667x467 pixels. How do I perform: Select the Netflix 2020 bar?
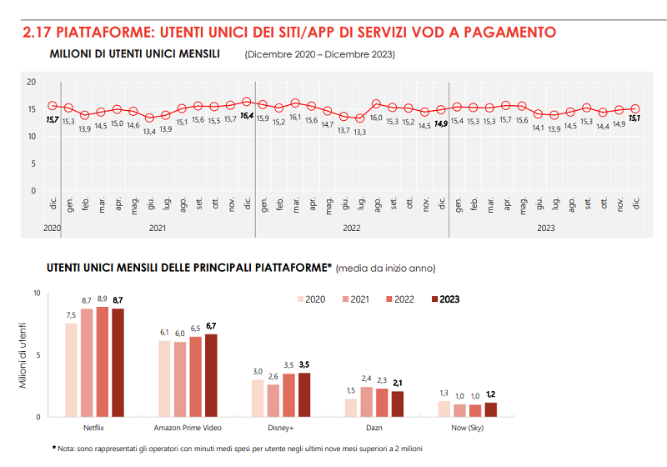71,369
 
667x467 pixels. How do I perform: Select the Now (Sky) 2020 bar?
444,409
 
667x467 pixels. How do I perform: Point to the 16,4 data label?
247,118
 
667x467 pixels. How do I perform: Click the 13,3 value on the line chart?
359,132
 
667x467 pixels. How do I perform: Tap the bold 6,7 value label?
210,325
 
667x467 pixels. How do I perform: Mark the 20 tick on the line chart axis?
31,82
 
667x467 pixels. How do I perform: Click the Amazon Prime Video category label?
188,429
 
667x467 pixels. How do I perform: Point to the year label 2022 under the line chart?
351,227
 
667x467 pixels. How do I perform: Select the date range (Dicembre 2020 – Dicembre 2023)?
319,55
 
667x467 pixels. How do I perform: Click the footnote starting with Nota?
242,449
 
